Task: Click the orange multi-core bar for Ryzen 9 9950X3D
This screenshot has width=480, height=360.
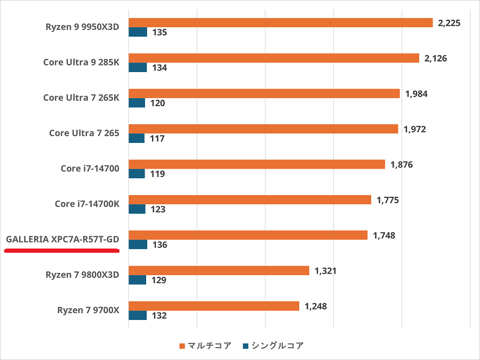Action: click(281, 22)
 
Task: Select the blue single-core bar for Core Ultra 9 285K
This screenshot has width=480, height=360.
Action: click(138, 67)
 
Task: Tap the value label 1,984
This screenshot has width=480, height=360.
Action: click(417, 94)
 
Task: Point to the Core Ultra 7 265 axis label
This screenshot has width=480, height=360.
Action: click(84, 133)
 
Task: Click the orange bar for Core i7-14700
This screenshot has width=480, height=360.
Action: click(257, 164)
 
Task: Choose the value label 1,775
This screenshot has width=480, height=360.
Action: click(388, 200)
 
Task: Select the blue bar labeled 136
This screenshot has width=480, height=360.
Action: click(138, 244)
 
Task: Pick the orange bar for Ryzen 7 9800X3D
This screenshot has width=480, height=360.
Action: click(219, 270)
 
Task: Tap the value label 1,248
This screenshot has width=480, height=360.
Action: click(316, 306)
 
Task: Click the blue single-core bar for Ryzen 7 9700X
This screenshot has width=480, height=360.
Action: click(138, 315)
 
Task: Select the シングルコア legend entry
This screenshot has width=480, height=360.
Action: click(273, 346)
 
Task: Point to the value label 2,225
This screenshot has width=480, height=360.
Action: click(449, 23)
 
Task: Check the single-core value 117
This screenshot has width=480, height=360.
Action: click(157, 139)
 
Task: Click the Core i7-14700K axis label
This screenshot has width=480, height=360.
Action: click(86, 204)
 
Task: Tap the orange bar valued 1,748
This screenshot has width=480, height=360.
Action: click(248, 235)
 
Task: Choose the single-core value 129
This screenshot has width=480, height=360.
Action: click(159, 280)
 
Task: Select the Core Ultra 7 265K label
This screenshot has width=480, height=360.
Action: click(81, 98)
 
